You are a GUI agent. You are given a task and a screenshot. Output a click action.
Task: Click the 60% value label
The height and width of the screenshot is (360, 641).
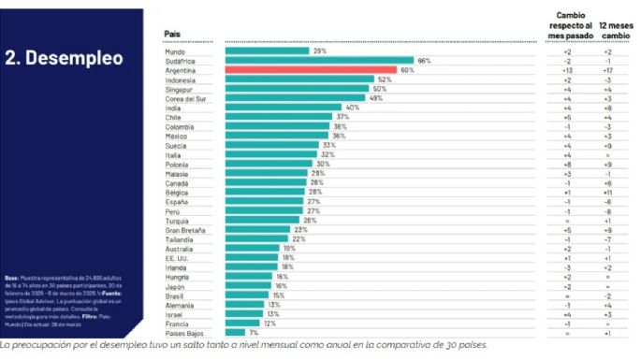click(x=407, y=70)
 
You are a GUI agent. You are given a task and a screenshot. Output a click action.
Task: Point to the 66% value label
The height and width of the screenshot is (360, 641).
click(x=424, y=61)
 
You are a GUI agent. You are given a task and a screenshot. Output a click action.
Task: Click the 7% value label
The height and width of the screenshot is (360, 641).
click(x=254, y=332)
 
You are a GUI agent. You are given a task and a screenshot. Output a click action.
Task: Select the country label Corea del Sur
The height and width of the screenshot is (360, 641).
click(x=185, y=98)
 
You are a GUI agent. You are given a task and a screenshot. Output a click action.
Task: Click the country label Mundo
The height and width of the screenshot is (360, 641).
click(x=175, y=51)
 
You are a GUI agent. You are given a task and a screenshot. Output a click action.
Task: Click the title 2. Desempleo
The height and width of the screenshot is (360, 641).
click(x=64, y=58)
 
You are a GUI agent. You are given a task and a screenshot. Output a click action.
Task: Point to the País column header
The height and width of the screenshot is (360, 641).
click(x=171, y=34)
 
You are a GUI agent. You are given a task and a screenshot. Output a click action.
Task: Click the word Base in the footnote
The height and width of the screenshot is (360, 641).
click(x=11, y=278)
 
